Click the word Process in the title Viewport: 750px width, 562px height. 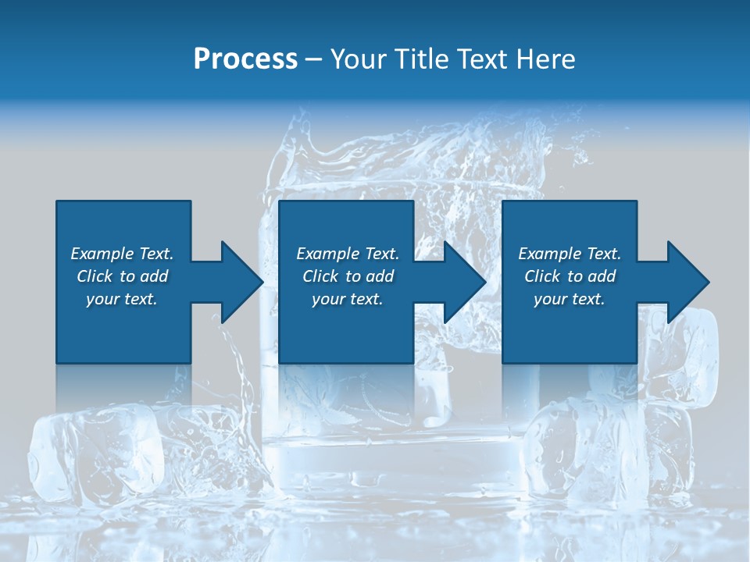click(245, 59)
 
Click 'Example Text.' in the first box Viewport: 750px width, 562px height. click(122, 254)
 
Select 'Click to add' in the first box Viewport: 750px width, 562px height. click(122, 276)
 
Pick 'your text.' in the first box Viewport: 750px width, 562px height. click(122, 299)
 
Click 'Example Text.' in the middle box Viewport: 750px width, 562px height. click(348, 254)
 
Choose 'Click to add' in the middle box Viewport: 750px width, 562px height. click(348, 276)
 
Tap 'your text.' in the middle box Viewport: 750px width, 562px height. click(348, 299)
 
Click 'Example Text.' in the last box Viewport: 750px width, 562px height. click(570, 254)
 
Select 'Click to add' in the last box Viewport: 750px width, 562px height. click(570, 276)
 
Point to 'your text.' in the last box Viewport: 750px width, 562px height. click(570, 299)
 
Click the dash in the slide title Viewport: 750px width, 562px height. click(314, 59)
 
